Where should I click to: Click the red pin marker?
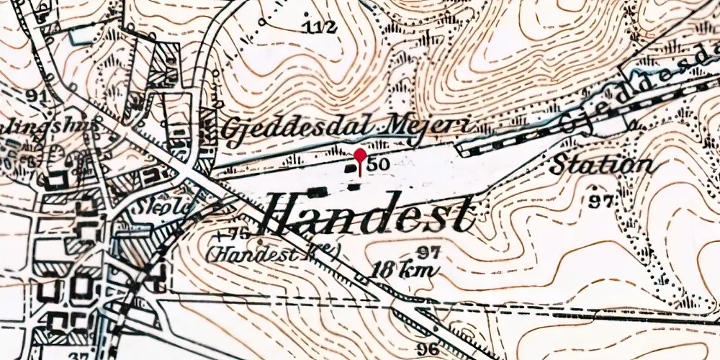click(x=360, y=156)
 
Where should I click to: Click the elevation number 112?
click(x=320, y=28)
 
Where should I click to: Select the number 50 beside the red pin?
click(x=379, y=165)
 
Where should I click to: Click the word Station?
click(x=602, y=165)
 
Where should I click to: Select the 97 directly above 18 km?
click(x=428, y=253)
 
